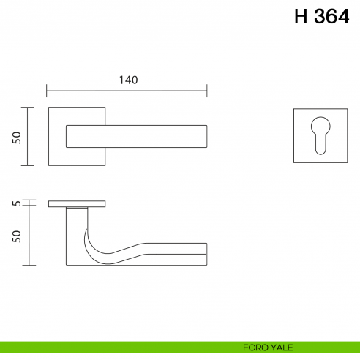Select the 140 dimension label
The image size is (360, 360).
[x=127, y=80]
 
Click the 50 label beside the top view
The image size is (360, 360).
[x=17, y=137]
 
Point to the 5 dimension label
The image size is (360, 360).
[x=17, y=204]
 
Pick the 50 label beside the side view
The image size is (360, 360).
[x=17, y=236]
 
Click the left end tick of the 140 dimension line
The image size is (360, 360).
[x=47, y=91]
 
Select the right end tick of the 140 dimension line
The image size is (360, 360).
[x=207, y=91]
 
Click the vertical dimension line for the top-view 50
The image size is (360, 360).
[x=28, y=137]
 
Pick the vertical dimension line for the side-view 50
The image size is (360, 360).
[x=28, y=236]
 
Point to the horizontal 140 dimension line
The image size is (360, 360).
[x=127, y=91]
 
